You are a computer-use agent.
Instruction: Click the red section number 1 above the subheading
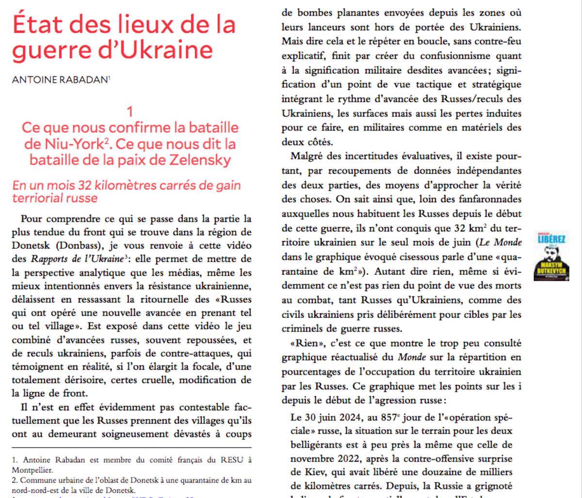[130, 112]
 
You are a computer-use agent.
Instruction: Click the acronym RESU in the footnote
[232, 459]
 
